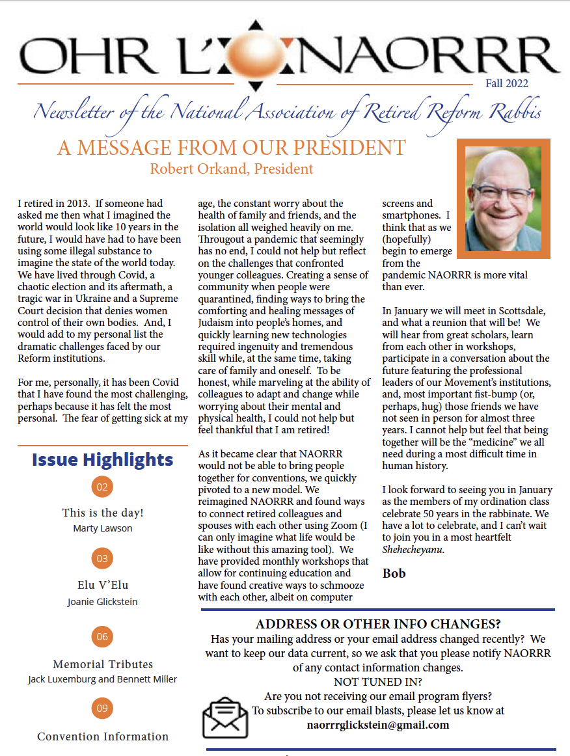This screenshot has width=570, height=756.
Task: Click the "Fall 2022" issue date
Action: coord(506,83)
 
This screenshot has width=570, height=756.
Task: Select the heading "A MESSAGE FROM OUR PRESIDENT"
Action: coord(232,148)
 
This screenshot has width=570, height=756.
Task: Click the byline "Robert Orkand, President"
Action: coord(232,169)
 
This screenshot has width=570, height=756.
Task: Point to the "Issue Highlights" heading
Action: coord(103,460)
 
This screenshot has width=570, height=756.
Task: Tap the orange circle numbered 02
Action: coord(102,486)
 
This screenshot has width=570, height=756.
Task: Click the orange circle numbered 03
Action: coord(102,558)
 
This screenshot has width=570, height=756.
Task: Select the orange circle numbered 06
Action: coord(102,637)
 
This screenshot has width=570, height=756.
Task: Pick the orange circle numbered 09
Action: coord(102,708)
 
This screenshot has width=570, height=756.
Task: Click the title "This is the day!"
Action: coord(103,513)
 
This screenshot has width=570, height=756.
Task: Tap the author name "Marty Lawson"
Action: coord(103,528)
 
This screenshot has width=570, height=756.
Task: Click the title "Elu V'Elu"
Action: coord(102,585)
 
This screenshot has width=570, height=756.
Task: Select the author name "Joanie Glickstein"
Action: coord(103,602)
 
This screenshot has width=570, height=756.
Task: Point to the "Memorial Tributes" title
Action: coord(103,664)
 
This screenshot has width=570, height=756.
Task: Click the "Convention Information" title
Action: coord(103,736)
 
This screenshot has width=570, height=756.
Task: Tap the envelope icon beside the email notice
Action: coord(225,716)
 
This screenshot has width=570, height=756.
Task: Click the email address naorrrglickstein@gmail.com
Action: coord(378,725)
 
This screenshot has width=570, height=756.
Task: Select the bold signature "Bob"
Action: coord(394,573)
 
